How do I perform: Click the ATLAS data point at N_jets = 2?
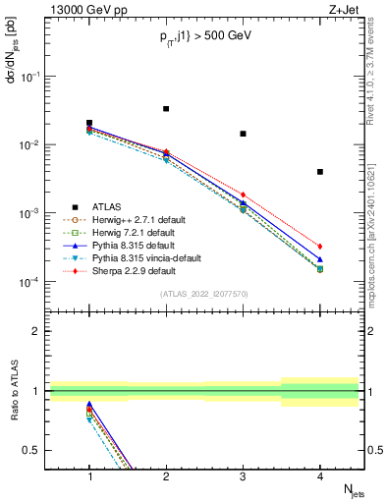coord(166,109)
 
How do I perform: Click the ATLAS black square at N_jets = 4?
coord(320,172)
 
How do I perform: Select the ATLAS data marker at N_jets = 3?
coord(243,134)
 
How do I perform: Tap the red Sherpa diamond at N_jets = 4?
coord(320,247)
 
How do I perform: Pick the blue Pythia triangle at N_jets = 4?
coord(320,260)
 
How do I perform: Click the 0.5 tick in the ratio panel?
coord(36,450)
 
